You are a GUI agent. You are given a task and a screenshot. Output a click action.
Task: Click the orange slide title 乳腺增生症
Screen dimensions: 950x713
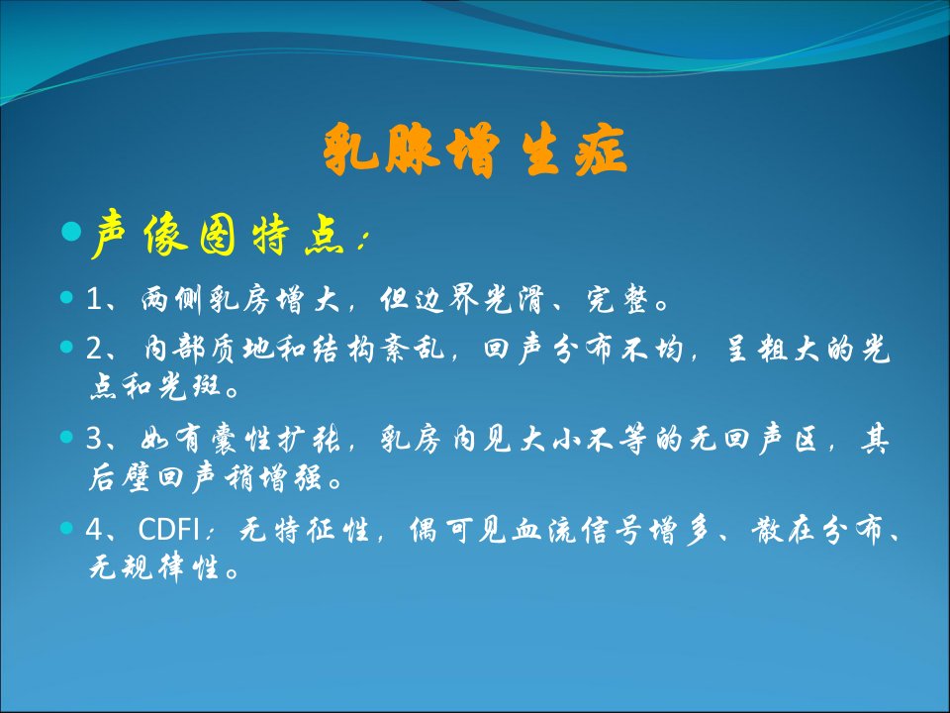click(474, 150)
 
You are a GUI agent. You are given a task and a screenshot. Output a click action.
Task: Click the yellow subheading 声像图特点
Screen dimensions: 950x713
click(219, 234)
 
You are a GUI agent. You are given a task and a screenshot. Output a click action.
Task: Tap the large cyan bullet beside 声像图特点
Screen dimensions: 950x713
click(71, 231)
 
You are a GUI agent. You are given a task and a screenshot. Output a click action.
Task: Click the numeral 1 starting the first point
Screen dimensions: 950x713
click(94, 299)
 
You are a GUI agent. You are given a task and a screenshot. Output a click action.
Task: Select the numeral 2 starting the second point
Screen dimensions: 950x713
click(95, 349)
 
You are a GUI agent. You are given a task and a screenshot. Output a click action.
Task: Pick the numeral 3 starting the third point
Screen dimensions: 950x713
click(95, 439)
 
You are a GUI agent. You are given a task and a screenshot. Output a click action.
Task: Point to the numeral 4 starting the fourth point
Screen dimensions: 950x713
click(95, 529)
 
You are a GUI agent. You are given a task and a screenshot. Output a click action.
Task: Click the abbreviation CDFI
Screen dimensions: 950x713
click(168, 529)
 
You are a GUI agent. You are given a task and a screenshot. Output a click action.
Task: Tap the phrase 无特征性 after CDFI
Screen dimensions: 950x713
click(304, 529)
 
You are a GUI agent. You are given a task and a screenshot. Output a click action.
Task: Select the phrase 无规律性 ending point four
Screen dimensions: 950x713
click(154, 568)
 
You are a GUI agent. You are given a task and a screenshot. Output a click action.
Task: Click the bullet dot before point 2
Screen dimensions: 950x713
click(66, 347)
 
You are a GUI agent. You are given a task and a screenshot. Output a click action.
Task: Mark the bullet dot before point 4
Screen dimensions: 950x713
click(66, 528)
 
